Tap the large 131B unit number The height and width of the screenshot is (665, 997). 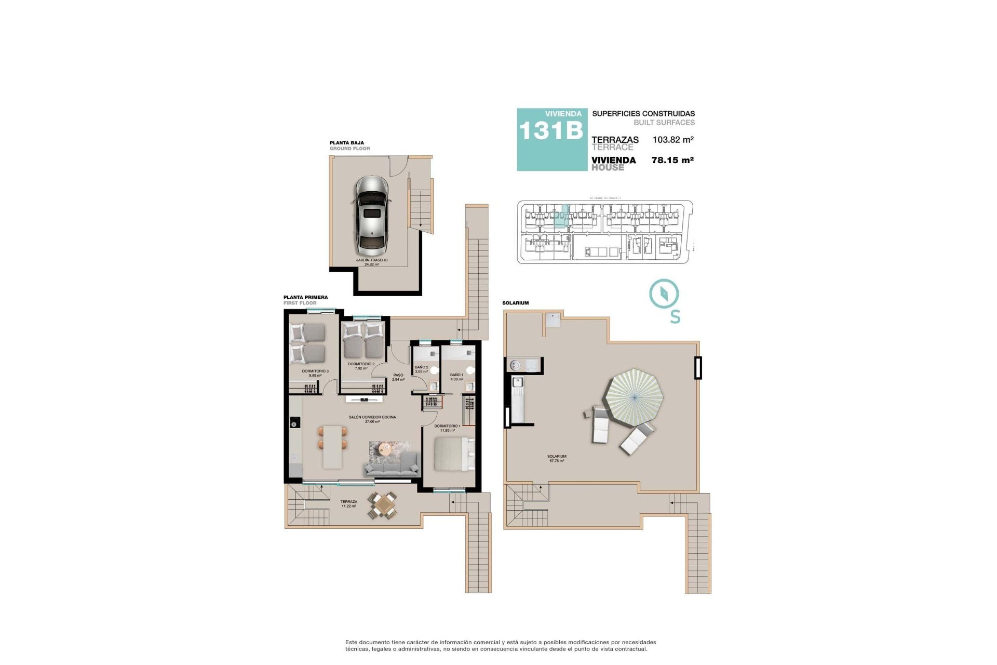(x=551, y=131)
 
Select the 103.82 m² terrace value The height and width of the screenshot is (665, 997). (x=673, y=140)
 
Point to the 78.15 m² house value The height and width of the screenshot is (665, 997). (x=672, y=160)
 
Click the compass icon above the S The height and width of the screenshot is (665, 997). (x=664, y=294)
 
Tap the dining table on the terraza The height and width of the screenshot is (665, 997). (x=383, y=505)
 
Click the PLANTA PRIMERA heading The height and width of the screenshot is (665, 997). (x=305, y=297)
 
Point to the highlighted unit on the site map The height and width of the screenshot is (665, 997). (x=561, y=217)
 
